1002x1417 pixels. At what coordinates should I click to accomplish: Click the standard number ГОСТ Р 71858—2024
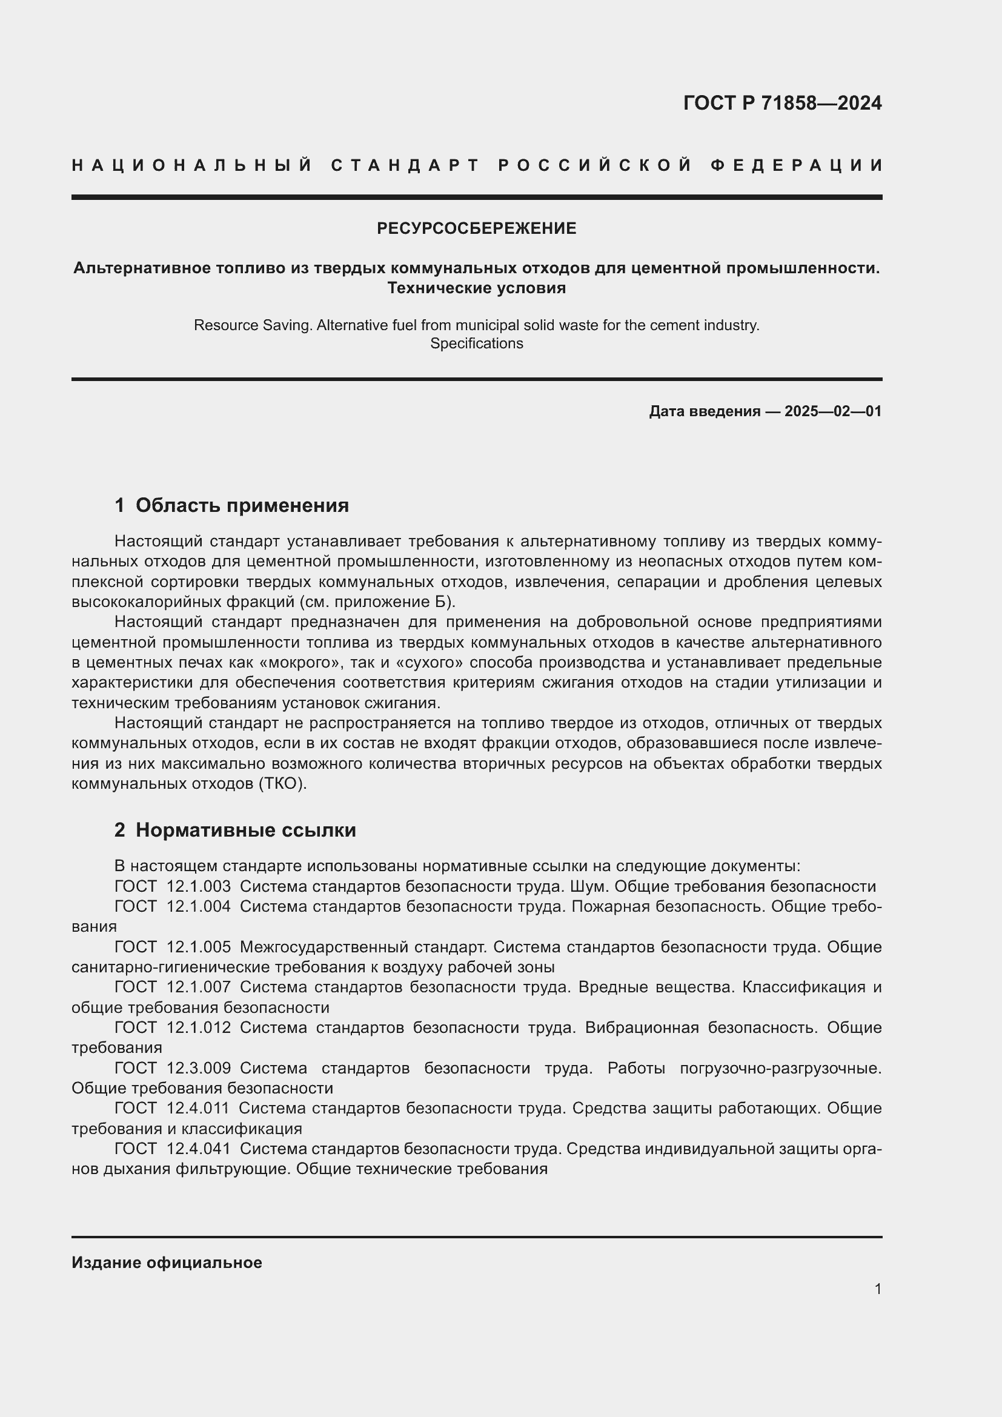pos(781,103)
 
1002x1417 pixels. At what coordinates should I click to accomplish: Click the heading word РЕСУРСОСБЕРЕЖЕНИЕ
pos(476,228)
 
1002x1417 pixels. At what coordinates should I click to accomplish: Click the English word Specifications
pos(476,343)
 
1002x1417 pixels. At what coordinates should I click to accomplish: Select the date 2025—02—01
pos(833,411)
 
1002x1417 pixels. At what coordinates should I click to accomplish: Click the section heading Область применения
pos(242,505)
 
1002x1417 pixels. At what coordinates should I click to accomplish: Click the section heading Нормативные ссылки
pos(245,830)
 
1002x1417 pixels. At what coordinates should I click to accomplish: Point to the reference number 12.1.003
pos(198,887)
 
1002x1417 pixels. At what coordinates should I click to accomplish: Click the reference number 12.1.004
pos(198,907)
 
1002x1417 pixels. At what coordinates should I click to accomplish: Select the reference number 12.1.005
pos(198,947)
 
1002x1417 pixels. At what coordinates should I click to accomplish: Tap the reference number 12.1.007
pos(198,987)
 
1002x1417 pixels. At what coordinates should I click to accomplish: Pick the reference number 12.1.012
pos(198,1027)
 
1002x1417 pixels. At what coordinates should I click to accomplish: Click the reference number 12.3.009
pos(198,1067)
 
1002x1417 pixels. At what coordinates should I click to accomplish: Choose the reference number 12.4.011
pos(198,1108)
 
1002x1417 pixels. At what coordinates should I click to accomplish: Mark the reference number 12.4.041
pos(198,1149)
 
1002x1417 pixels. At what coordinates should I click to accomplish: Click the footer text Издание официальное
pos(167,1263)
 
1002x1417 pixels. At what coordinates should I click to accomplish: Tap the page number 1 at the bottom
pos(877,1289)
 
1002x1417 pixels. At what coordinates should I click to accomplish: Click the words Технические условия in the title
pos(476,288)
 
